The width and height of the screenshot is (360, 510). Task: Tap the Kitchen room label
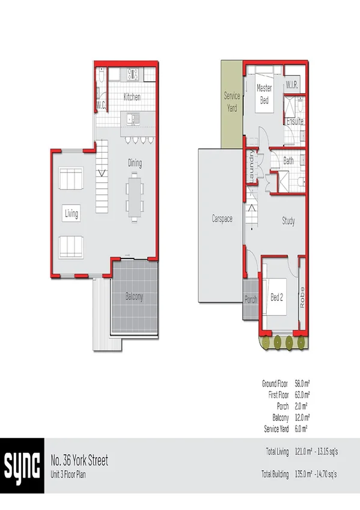point(132,97)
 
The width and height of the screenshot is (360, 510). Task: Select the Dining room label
point(135,162)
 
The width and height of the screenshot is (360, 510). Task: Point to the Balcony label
point(134,296)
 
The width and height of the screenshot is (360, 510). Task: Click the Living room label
point(72,213)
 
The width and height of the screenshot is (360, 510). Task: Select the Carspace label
point(221,219)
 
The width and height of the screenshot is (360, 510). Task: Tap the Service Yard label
point(232,100)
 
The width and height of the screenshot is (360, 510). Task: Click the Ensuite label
point(294,121)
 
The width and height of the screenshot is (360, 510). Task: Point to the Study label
point(288,221)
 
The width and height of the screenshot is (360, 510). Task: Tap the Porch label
point(251,299)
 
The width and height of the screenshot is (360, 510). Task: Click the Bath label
point(288,161)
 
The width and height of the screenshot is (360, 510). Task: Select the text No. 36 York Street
point(79,461)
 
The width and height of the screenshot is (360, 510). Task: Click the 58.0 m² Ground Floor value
point(302,383)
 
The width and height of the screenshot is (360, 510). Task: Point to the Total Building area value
point(318,475)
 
